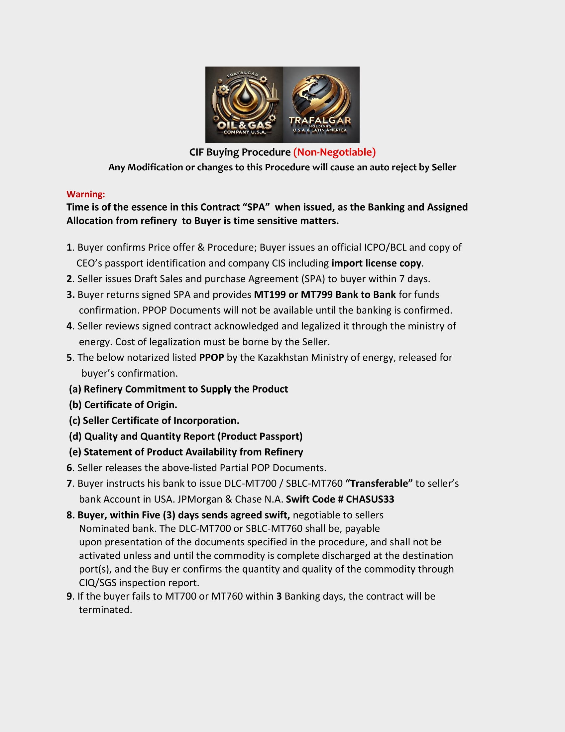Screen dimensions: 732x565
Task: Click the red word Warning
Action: (x=86, y=194)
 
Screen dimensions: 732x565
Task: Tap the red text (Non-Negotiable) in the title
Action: (x=334, y=152)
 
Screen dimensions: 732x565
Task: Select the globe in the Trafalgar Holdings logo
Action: (x=321, y=95)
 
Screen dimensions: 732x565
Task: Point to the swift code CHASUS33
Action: (x=370, y=499)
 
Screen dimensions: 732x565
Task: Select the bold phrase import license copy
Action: (x=376, y=263)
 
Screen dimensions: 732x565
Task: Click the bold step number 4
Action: (x=69, y=326)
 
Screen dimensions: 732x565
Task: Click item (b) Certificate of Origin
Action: (x=123, y=405)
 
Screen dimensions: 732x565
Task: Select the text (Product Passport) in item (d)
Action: (x=260, y=437)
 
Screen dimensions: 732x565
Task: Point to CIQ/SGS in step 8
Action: (x=97, y=583)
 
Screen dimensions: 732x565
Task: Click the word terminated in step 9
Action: (x=105, y=610)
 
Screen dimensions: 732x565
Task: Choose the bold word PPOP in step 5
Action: (x=211, y=358)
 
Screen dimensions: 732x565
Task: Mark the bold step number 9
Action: (x=69, y=596)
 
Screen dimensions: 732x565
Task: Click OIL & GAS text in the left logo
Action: (x=244, y=125)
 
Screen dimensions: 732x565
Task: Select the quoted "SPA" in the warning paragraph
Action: (x=256, y=207)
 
